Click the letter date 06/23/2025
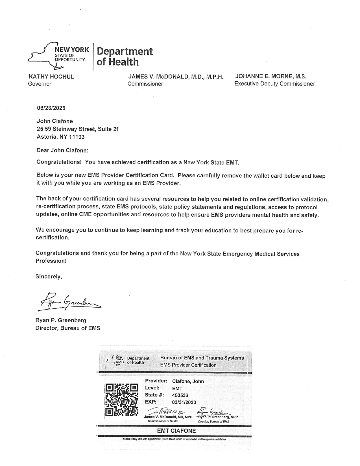[51, 108]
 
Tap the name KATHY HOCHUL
[51, 77]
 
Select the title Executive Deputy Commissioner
[274, 84]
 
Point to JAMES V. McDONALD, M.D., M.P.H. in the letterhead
[176, 77]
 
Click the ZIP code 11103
[77, 137]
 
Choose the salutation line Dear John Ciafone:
[62, 150]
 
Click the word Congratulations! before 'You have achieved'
[59, 162]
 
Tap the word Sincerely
[49, 276]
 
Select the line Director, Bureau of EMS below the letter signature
[68, 328]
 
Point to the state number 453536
[180, 395]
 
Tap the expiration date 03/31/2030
[184, 402]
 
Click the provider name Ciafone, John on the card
[188, 381]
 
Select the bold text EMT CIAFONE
[176, 431]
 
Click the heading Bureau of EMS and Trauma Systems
[202, 358]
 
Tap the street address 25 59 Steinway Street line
[77, 129]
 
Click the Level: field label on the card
[152, 388]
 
